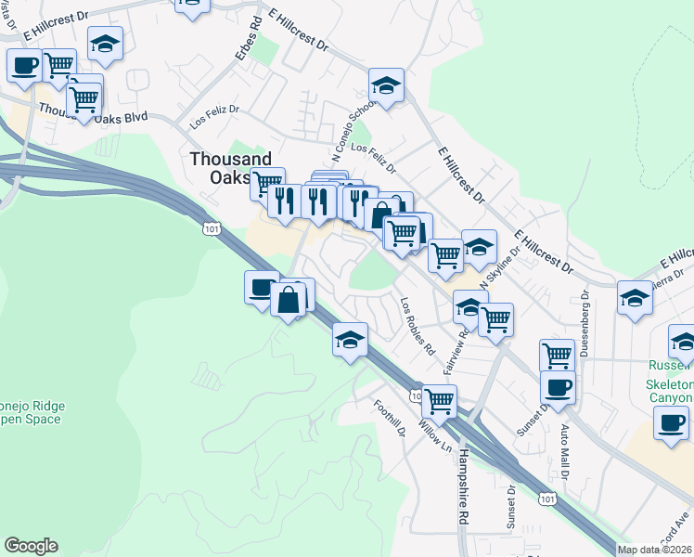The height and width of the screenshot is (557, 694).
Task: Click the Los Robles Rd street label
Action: (x=418, y=328)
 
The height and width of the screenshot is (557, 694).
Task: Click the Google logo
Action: (x=31, y=546)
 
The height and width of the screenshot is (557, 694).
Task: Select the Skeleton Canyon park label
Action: (x=670, y=391)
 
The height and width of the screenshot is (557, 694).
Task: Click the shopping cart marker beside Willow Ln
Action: (x=438, y=401)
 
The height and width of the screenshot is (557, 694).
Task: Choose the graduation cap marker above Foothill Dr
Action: (x=351, y=340)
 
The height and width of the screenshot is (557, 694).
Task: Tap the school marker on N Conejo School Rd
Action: (x=385, y=86)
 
